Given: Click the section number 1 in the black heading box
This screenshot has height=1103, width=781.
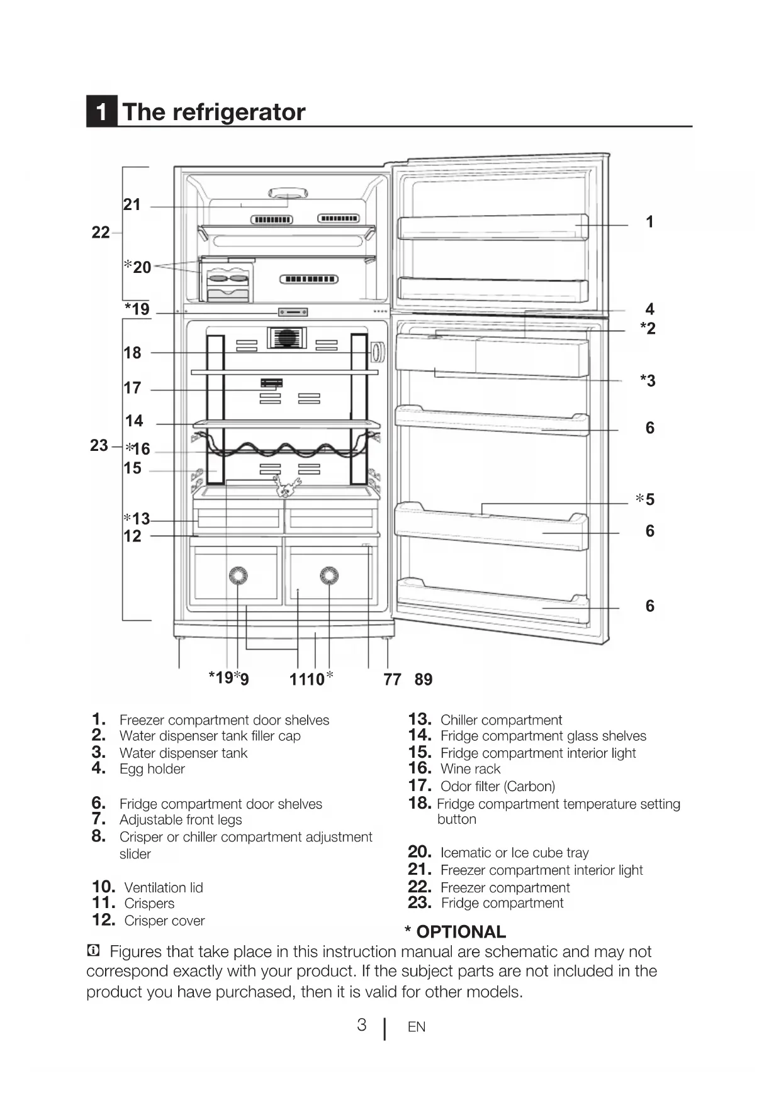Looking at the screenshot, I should [x=101, y=113].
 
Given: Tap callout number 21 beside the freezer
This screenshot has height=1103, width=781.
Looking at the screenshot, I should [x=132, y=204].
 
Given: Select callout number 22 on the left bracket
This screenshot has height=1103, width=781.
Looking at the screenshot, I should [x=100, y=233].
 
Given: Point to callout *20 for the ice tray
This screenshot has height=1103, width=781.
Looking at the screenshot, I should [x=138, y=267].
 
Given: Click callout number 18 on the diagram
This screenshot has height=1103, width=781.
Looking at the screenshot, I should [x=132, y=353].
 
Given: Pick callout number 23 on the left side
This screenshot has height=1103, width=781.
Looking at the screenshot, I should [x=99, y=445].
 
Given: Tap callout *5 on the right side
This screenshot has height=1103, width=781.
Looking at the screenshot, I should [x=646, y=499].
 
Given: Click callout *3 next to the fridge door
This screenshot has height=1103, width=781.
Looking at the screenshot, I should [x=648, y=380].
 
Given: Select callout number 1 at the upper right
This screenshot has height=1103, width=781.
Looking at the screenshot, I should [x=649, y=222].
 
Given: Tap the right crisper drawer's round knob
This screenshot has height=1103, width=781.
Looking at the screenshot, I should [x=329, y=575].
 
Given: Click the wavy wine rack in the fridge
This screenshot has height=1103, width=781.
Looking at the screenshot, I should [x=286, y=448].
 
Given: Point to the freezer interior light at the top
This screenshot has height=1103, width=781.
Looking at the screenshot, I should [x=288, y=193].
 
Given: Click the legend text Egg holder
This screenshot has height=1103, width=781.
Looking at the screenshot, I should [x=152, y=769].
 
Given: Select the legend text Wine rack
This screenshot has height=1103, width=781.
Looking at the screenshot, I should [x=470, y=769].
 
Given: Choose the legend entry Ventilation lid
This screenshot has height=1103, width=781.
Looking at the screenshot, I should [x=164, y=888].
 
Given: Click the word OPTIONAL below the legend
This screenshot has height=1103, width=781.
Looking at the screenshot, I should [x=461, y=932].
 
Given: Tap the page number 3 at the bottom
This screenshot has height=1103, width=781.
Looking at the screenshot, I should [x=361, y=1026].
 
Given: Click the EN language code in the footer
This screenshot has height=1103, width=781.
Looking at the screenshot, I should [x=417, y=1027].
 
